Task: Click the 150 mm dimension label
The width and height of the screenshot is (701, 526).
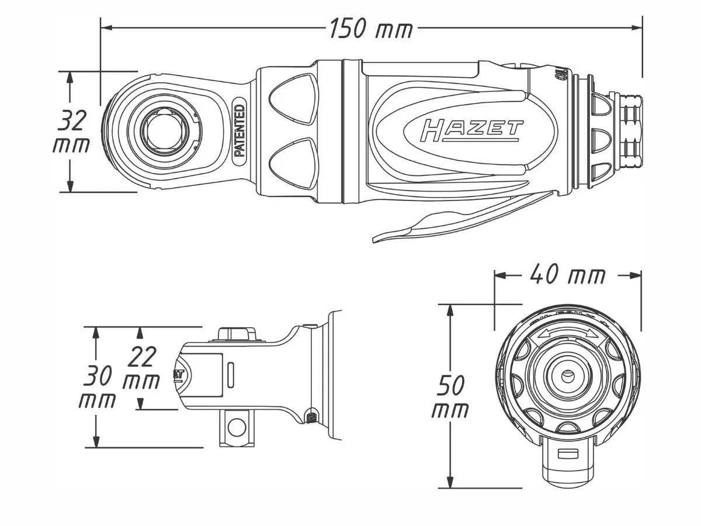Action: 370,28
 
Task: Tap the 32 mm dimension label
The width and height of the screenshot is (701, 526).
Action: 72,132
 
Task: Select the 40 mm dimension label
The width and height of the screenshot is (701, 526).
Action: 567,274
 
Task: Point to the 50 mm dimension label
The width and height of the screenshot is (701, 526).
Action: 450,397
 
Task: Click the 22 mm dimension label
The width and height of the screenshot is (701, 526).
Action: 142,368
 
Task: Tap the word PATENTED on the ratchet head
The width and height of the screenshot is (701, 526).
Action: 239,131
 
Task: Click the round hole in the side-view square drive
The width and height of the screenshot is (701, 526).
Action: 236,427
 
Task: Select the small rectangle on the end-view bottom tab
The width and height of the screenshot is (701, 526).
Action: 567,454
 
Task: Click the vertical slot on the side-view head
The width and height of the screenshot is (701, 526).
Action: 231,374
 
